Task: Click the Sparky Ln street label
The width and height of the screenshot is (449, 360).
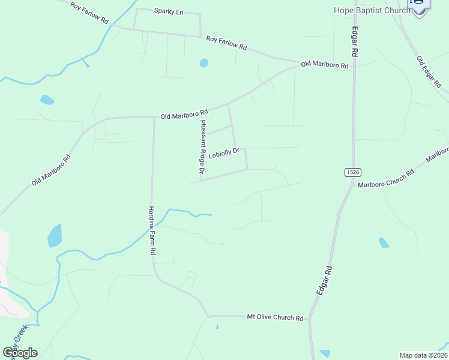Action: [168, 11]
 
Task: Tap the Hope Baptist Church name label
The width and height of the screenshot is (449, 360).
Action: [372, 10]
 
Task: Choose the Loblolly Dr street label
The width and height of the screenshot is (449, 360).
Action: [224, 153]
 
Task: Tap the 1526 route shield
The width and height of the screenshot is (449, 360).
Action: [352, 172]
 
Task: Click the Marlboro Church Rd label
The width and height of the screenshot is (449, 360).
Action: [386, 179]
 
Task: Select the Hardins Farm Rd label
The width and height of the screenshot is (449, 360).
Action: [152, 231]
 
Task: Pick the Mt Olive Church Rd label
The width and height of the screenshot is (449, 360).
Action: [276, 317]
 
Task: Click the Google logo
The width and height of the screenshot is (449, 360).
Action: [20, 353]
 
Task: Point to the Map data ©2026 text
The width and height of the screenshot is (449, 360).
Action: [423, 355]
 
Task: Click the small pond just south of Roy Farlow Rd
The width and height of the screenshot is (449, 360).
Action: [204, 62]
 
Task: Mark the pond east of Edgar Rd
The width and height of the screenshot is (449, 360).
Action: [384, 243]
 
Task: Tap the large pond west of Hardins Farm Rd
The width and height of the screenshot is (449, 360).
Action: [55, 236]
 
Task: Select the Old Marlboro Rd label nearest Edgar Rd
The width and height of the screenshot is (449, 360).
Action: [324, 64]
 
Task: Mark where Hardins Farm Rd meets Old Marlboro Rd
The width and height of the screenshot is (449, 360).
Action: [154, 117]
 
